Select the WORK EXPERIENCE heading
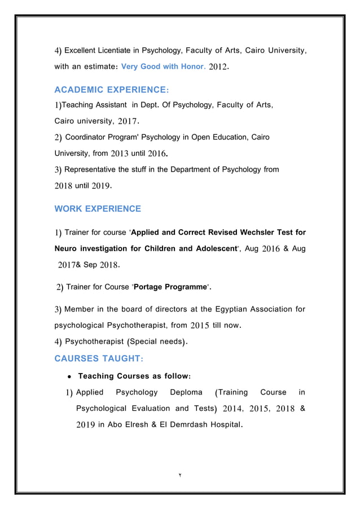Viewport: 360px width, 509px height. (98, 209)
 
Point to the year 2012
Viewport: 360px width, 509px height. (218, 67)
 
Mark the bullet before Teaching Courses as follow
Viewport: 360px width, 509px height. (68, 376)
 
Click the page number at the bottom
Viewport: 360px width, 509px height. (179, 476)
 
